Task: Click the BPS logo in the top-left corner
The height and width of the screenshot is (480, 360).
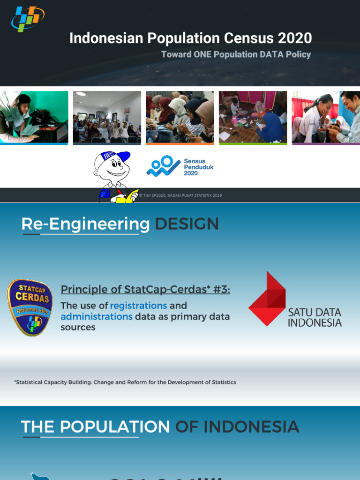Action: tap(28, 19)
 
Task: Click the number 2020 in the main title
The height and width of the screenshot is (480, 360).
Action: tap(292, 38)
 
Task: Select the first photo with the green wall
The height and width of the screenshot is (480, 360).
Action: tap(34, 117)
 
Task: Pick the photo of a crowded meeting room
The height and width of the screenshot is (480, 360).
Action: tap(107, 117)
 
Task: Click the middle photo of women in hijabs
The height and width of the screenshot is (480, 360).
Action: tap(180, 117)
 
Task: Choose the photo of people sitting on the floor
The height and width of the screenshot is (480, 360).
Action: tap(253, 117)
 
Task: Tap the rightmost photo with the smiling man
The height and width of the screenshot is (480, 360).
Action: tap(326, 117)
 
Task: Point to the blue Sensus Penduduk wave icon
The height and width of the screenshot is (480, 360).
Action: tap(163, 166)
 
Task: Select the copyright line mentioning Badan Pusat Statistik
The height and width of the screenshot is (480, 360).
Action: tap(180, 195)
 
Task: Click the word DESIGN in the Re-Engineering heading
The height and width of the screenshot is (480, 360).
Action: tap(187, 224)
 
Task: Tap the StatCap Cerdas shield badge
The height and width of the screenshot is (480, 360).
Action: tap(30, 307)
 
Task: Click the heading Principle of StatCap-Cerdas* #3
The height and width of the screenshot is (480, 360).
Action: tap(145, 289)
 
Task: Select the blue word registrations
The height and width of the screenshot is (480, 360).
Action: tap(138, 306)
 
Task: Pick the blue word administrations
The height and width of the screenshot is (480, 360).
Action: tap(97, 316)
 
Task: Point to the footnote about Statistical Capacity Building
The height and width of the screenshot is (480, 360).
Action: tap(125, 382)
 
